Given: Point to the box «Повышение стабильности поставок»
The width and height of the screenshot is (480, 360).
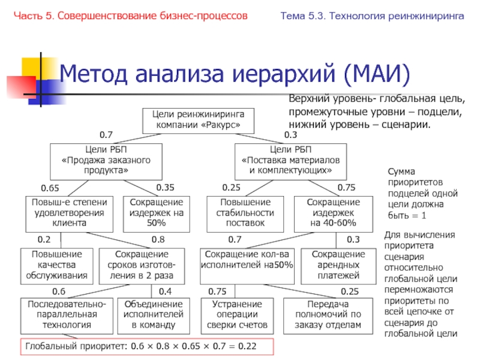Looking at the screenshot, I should pos(247,214).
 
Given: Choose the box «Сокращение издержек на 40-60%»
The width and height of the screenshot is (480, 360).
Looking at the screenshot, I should pos(334,214).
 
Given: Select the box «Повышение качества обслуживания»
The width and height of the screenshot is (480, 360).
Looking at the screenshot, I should pos(57,265).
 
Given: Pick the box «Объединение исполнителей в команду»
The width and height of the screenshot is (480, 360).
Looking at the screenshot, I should pos(149,314).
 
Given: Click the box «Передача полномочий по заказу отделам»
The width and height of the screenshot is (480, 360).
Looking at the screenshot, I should pos(328,314).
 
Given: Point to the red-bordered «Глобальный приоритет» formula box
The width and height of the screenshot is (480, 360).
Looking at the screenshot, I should pos(147,347).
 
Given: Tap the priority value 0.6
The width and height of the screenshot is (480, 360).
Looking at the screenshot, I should pos(58,291).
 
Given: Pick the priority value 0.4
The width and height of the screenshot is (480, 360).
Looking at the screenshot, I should pos(164,291).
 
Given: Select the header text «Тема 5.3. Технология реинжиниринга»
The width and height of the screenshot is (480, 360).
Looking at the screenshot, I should pos(372,14).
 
